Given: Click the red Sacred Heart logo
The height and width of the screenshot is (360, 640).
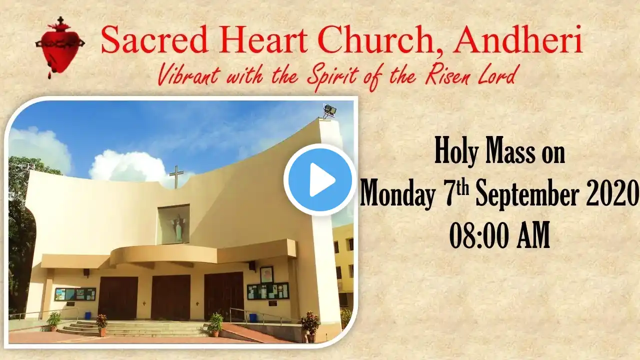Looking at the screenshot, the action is [x=59, y=46].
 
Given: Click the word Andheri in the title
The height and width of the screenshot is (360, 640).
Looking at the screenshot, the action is [x=517, y=39].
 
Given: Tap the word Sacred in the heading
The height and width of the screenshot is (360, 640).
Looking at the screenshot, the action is [x=154, y=39].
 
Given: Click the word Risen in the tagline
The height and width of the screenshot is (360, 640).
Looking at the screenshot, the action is [x=448, y=75].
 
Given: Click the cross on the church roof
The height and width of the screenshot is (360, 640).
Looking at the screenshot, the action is [x=176, y=177].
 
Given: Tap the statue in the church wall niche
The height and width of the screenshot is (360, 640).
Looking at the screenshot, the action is [x=177, y=227].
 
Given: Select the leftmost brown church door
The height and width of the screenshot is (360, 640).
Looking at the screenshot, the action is [x=117, y=298].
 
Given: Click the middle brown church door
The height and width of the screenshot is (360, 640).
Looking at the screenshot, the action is [x=170, y=297].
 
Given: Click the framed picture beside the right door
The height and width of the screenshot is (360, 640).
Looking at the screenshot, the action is [x=266, y=274].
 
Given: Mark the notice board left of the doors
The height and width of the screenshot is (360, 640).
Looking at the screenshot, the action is [x=75, y=294].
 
